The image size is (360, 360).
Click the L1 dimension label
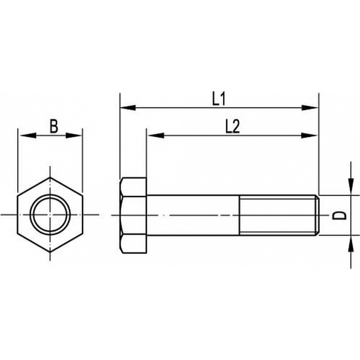(219, 99)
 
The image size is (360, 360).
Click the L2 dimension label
(233, 126)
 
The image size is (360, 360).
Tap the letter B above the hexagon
(54, 126)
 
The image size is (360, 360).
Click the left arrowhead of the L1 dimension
(128, 108)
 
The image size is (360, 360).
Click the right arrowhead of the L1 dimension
(310, 108)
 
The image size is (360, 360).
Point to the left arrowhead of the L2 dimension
(155, 135)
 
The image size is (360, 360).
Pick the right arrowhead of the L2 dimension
(309, 135)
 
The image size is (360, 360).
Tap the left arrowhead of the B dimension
(28, 135)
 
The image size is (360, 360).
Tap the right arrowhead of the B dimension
(74, 135)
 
